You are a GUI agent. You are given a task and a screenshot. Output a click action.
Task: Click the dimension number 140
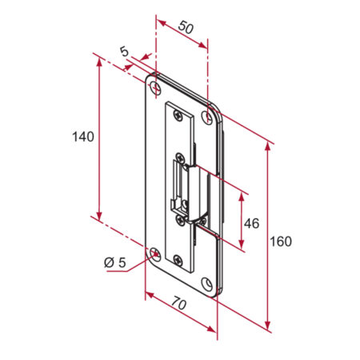pyautogui.click(x=82, y=136)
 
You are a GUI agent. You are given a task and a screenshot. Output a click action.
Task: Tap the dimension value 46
pyautogui.click(x=251, y=223)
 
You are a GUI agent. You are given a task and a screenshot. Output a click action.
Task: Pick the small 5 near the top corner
pyautogui.click(x=124, y=51)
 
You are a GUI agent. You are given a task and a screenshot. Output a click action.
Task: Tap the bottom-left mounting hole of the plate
pyautogui.click(x=154, y=255)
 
